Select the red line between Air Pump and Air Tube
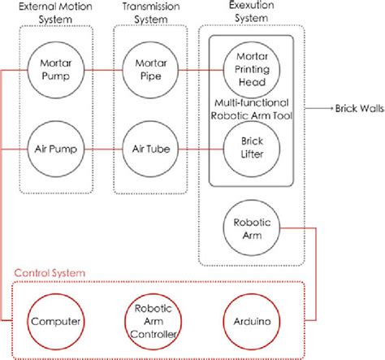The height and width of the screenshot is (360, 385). point(104,150)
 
